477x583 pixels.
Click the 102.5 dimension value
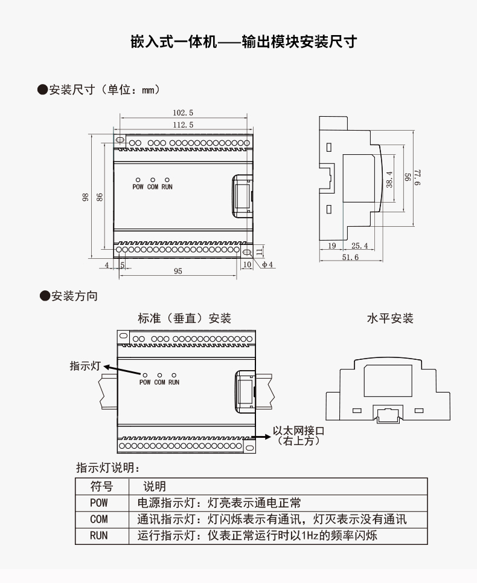[x=183, y=112]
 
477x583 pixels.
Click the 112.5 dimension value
[x=183, y=125]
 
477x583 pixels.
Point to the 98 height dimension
[x=85, y=197]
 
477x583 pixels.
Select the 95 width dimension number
[x=178, y=271]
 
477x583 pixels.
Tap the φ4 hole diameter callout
[x=267, y=264]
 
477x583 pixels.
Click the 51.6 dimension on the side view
[x=350, y=257]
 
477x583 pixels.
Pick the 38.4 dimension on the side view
[x=389, y=179]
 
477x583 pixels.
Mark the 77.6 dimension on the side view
[x=417, y=177]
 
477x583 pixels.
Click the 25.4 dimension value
[x=360, y=246]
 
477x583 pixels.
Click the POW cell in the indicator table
[x=99, y=503]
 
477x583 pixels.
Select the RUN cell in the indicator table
[x=99, y=535]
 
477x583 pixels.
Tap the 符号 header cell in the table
[x=101, y=486]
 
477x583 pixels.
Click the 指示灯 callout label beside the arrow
[x=85, y=366]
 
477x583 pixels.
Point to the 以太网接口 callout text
[x=299, y=431]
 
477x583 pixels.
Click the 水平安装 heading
[x=390, y=318]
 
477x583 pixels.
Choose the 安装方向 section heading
[x=74, y=296]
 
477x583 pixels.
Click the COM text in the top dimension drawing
[x=153, y=187]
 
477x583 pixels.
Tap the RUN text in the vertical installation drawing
[x=174, y=382]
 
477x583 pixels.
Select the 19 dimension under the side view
[x=332, y=246]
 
